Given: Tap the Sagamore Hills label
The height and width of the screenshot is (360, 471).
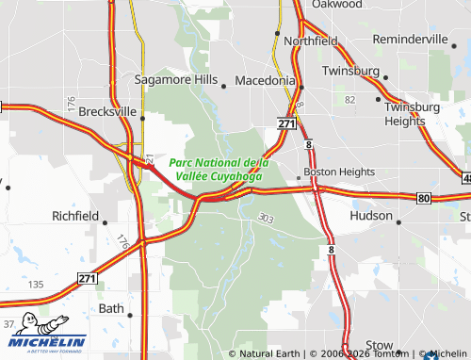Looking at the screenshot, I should [x=176, y=80].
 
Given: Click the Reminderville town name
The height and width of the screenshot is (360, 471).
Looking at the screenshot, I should [x=410, y=40].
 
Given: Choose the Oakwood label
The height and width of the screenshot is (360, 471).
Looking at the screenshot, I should [x=336, y=5].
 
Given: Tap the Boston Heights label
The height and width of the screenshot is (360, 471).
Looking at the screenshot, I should [x=339, y=172].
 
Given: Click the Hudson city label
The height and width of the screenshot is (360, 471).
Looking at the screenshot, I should [x=370, y=216].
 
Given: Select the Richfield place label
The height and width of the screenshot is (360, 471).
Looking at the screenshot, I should [x=75, y=216].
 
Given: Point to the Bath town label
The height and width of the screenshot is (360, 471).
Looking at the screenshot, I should [x=111, y=308].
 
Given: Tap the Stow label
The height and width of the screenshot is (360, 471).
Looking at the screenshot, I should [x=379, y=345].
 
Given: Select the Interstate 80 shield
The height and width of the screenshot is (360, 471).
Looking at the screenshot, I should [x=424, y=198].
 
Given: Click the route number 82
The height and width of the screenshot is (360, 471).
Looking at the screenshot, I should [x=350, y=99].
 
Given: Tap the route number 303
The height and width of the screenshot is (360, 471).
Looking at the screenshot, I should [x=265, y=218].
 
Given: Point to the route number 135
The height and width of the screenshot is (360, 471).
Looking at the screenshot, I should [x=37, y=285].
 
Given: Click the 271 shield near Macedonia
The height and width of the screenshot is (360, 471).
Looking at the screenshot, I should [x=287, y=123].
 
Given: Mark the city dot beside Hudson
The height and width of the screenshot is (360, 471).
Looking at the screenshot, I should [x=399, y=222].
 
